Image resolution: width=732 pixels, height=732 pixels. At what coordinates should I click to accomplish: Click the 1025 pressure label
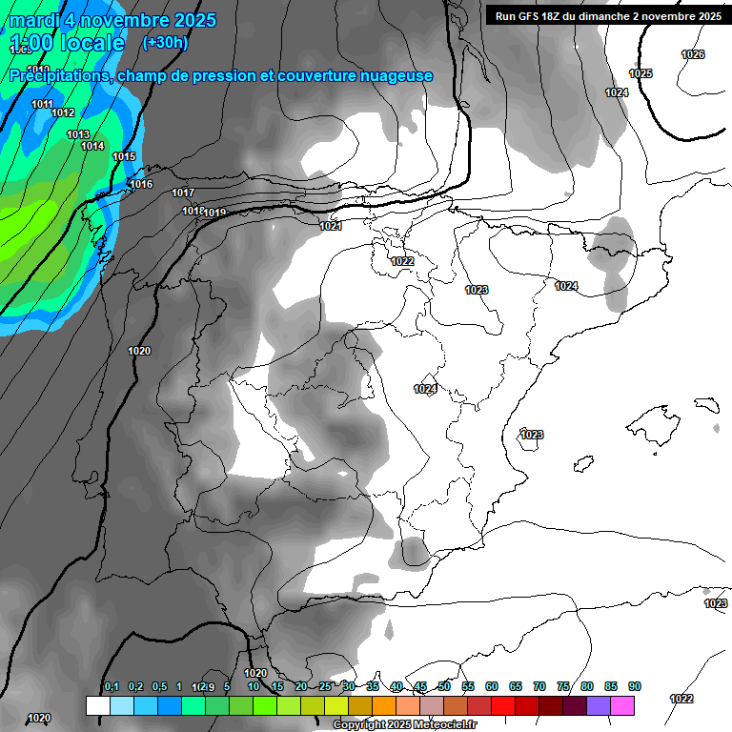[x=640, y=73]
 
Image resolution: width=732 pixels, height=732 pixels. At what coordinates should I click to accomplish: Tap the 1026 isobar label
[x=693, y=54]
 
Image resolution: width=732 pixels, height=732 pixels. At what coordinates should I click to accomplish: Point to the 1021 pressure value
[x=331, y=226]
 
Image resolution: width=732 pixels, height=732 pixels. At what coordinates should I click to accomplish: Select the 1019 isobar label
[x=215, y=213]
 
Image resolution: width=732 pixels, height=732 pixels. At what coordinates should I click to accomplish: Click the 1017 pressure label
[x=183, y=193]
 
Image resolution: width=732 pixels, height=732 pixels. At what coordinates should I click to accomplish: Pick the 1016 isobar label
[x=141, y=184]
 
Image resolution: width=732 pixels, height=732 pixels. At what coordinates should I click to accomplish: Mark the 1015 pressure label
[x=124, y=156]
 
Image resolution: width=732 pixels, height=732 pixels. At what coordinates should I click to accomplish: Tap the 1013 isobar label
[x=78, y=134]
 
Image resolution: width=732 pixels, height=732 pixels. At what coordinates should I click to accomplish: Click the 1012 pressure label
[x=63, y=112]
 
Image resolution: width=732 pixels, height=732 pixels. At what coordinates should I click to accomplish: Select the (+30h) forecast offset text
[x=165, y=42]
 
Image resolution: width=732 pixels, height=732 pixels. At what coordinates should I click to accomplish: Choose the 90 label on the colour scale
[x=634, y=686]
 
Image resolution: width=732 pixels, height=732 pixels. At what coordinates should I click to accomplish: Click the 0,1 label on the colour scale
[x=112, y=686]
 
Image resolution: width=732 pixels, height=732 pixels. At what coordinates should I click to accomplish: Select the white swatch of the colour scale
[x=97, y=705]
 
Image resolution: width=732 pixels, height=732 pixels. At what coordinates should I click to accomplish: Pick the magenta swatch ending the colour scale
[x=622, y=705]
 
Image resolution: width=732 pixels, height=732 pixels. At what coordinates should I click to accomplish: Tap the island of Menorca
[x=706, y=403]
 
